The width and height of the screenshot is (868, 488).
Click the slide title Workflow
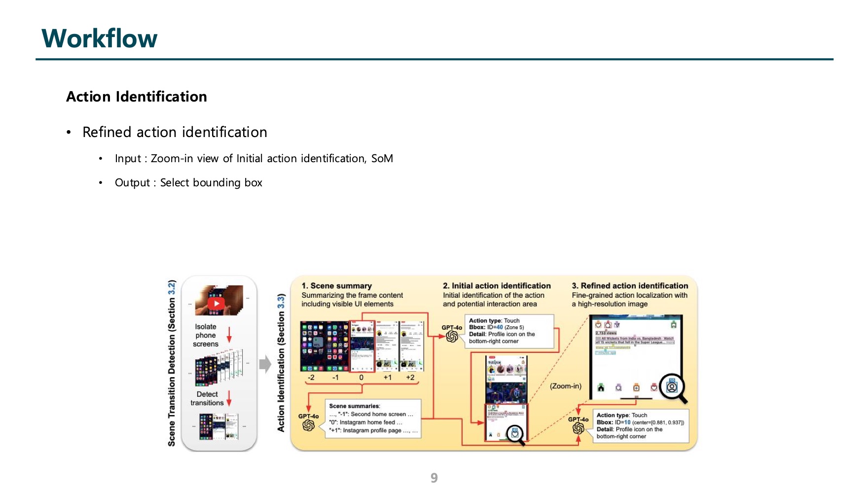[x=100, y=38]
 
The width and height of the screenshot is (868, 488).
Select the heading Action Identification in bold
[x=137, y=97]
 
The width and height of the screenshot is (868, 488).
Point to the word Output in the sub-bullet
[x=132, y=183]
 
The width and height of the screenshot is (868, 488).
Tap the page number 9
[x=434, y=478]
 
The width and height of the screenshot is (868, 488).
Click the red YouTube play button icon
[x=216, y=303]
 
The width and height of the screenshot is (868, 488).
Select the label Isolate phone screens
[x=206, y=335]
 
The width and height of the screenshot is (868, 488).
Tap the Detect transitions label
[x=207, y=398]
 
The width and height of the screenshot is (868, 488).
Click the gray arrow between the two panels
[x=265, y=364]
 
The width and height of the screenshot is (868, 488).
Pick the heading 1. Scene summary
[x=337, y=286]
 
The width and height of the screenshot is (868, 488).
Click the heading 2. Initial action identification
[x=497, y=286]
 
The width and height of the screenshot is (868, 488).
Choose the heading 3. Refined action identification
[x=630, y=286]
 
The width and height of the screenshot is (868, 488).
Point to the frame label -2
[x=311, y=378]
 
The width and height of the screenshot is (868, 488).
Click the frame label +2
[x=410, y=378]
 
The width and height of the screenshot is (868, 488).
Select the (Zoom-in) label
[x=566, y=386]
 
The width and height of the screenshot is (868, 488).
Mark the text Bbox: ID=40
[x=486, y=327]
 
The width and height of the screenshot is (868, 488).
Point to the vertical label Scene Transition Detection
[x=172, y=364]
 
